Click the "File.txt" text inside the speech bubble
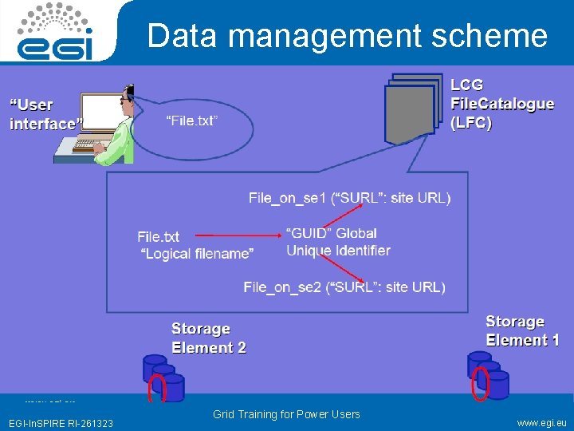[192, 121]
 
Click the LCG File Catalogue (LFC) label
[502, 104]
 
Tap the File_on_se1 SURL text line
[349, 197]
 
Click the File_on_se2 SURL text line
[344, 287]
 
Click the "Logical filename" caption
[197, 254]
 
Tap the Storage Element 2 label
[208, 338]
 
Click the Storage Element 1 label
[522, 330]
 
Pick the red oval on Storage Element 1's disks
[480, 381]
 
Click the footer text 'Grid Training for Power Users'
[286, 414]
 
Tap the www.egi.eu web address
[542, 422]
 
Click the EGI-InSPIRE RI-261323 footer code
[61, 423]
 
